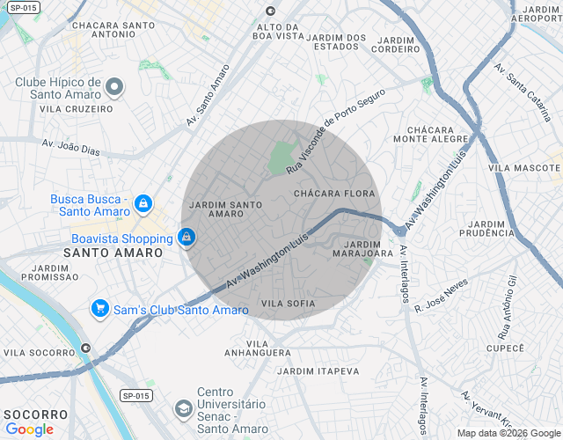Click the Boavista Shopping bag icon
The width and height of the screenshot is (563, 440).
click(x=186, y=238)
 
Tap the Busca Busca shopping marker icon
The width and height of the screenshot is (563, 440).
click(x=143, y=205)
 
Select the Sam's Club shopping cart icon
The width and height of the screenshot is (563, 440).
click(x=100, y=310)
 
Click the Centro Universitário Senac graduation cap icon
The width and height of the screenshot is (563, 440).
click(x=183, y=408)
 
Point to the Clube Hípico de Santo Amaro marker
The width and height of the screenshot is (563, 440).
click(x=114, y=87)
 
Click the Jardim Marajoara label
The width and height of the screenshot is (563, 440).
click(x=362, y=248)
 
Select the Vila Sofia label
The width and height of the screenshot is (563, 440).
click(x=288, y=304)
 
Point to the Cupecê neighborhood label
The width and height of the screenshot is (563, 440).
click(x=505, y=348)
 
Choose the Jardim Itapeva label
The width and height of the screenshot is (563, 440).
click(x=318, y=371)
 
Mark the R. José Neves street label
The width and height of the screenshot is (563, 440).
click(x=442, y=296)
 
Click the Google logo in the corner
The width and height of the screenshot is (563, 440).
click(x=30, y=429)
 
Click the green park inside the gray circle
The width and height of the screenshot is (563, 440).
click(x=281, y=158)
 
